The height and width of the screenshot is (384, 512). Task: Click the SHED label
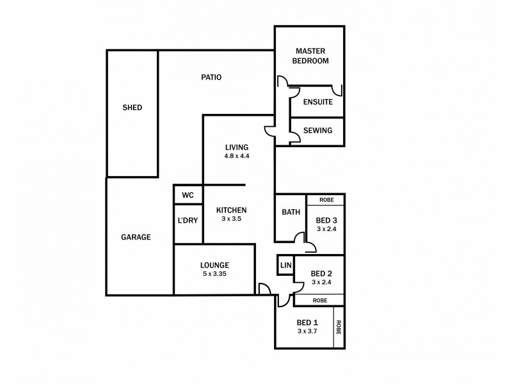click(132, 108)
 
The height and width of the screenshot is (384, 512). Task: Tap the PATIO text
click(211, 77)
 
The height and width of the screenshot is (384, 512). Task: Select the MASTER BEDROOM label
click(310, 56)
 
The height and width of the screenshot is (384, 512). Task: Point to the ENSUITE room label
click(317, 102)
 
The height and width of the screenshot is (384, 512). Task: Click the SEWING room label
click(317, 131)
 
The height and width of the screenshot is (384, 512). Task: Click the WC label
click(188, 195)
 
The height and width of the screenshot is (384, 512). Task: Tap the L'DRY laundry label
click(188, 220)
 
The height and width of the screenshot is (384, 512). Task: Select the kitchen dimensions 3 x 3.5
click(231, 218)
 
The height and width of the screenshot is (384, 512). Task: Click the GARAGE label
click(136, 237)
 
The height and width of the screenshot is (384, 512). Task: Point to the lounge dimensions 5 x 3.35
click(214, 273)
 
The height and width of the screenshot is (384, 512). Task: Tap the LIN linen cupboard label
click(285, 265)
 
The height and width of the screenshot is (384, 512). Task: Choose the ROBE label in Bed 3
click(326, 200)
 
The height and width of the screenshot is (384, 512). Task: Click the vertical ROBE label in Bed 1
click(339, 328)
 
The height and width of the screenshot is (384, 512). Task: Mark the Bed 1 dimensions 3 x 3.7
click(307, 331)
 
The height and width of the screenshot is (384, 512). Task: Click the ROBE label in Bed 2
click(320, 300)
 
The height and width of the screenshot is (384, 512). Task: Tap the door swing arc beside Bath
click(299, 238)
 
